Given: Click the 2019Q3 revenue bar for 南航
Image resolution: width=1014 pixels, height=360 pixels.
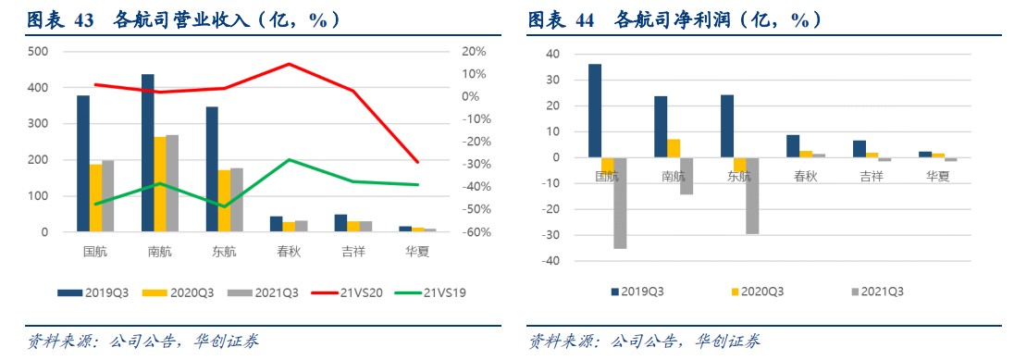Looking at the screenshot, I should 147,153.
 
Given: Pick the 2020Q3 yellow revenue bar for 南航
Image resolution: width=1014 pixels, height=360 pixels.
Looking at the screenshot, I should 159,184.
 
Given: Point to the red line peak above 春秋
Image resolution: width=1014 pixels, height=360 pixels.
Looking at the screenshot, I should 289,64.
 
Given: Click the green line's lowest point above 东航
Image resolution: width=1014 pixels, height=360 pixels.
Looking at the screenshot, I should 224,206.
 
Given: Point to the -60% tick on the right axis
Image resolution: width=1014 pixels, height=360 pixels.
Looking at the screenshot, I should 476,232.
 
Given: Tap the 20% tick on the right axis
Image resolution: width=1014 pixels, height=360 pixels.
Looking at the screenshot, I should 475,52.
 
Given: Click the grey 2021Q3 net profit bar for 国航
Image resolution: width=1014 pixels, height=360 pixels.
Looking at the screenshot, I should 620,203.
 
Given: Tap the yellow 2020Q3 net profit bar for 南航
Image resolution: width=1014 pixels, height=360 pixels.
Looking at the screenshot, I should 673,148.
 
